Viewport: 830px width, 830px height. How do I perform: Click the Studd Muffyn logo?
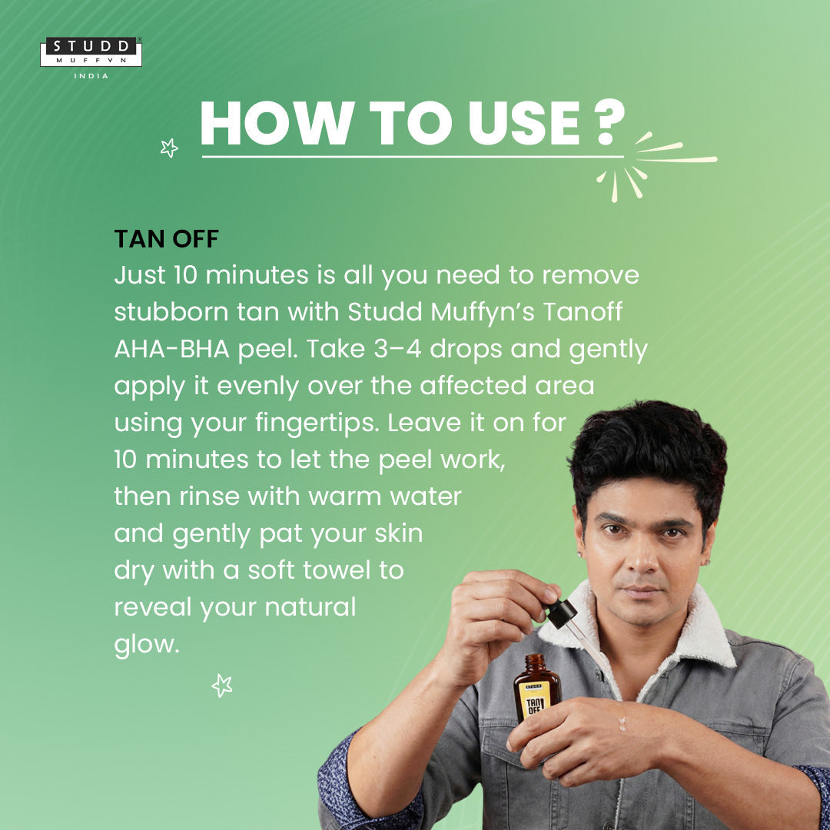pos(91,52)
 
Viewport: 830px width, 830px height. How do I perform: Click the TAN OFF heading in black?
pos(166,239)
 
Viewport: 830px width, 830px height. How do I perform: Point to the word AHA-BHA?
pos(172,349)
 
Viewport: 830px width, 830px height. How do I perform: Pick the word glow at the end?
pos(147,645)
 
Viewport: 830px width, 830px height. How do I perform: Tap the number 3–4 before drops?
pos(397,349)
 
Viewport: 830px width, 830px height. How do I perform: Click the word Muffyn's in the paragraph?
pos(483,312)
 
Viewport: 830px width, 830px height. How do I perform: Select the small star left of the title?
pos(169,148)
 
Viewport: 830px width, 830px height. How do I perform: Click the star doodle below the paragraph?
pos(222,686)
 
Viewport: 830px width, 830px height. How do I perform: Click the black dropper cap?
pos(562,613)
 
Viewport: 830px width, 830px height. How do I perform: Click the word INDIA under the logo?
pos(91,75)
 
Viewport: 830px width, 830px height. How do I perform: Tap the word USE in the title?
pos(524,123)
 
